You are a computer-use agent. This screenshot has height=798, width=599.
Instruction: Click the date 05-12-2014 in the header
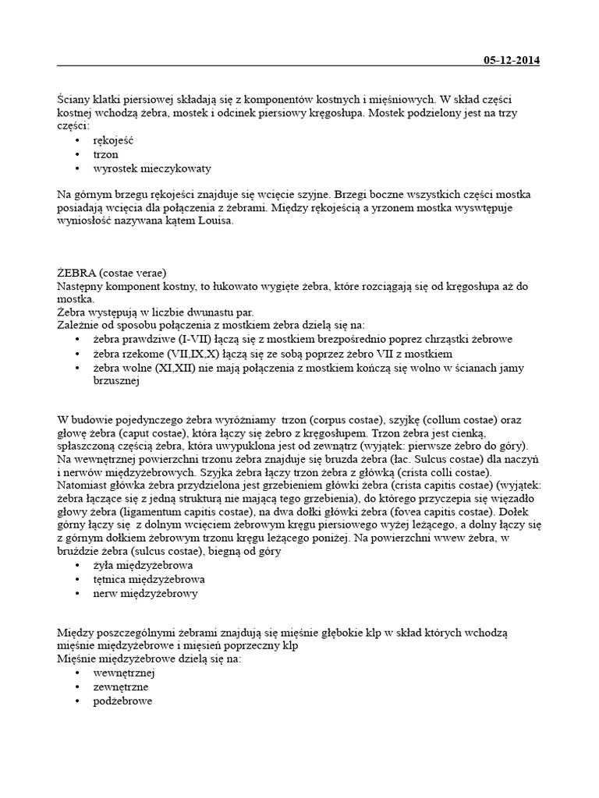click(512, 61)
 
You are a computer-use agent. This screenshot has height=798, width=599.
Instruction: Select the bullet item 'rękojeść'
click(115, 141)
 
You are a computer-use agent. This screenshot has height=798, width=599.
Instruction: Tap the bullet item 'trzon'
click(105, 154)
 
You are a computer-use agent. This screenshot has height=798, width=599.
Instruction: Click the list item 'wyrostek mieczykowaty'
click(152, 168)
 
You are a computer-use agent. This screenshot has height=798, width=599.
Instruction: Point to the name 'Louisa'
click(216, 221)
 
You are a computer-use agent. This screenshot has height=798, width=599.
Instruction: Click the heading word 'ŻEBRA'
click(76, 273)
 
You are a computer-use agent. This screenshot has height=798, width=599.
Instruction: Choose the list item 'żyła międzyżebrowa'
click(143, 566)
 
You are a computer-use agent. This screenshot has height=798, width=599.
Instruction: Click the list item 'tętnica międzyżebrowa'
click(149, 580)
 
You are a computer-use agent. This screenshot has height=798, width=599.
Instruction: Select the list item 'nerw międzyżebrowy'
click(145, 593)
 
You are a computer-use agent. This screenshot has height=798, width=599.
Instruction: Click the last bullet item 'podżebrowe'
click(122, 701)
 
